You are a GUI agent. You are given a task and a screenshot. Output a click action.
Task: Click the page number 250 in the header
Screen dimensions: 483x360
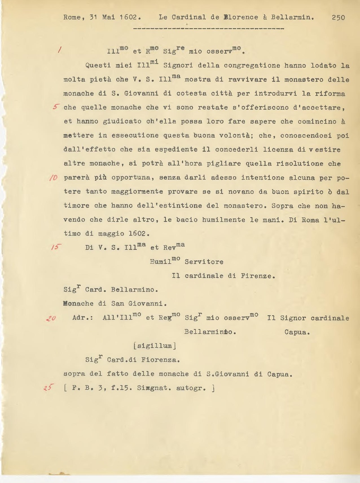[x=338, y=17]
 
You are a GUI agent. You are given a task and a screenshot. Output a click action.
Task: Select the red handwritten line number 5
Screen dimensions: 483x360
[x=56, y=107]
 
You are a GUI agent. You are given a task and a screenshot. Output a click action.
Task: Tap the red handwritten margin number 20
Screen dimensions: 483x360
[x=51, y=318]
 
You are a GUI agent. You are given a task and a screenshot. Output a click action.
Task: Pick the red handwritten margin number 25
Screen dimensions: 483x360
[x=49, y=388]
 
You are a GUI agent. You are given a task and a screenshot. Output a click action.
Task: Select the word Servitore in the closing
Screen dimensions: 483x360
[x=204, y=262]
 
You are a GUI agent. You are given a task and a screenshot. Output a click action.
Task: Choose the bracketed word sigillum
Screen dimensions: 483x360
[x=155, y=346]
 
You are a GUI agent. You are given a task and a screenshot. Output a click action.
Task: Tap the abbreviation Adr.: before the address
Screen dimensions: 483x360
[x=83, y=318]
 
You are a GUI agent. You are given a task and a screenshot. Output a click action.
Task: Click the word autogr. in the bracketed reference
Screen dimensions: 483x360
[x=191, y=388]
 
